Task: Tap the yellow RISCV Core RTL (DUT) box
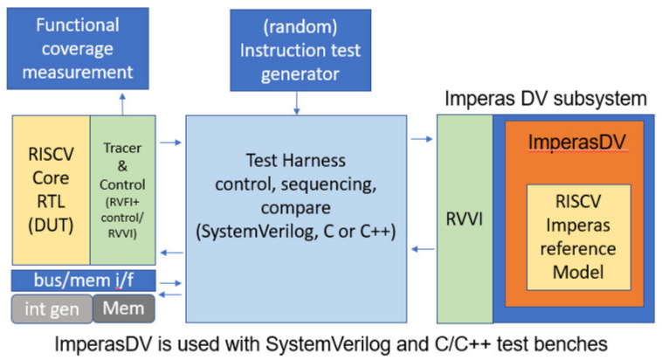(51, 190)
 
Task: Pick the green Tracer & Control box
(122, 190)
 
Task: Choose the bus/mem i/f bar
(83, 280)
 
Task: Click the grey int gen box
(51, 308)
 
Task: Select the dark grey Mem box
(123, 308)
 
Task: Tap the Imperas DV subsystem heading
(546, 98)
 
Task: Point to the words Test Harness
(296, 162)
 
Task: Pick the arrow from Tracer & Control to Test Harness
(172, 140)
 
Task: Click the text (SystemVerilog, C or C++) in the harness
(296, 230)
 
